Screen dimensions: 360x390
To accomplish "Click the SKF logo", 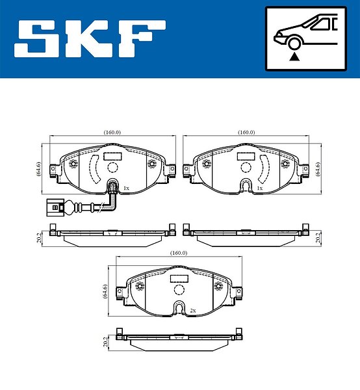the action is tap(90, 38).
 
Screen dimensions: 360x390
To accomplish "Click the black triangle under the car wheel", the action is tap(294, 57).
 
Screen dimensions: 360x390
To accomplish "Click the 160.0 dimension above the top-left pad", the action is tap(112, 133).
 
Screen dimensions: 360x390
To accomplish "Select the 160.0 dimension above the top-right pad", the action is tap(246, 133).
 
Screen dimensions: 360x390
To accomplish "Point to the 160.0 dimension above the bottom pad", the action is tap(179, 253).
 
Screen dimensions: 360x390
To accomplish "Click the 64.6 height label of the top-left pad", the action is tap(39, 169).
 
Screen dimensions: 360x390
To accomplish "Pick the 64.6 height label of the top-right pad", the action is tap(318, 169).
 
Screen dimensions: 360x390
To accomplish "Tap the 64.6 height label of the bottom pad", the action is tap(105, 291).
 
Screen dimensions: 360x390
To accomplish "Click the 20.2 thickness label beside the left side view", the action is tap(39, 238).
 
